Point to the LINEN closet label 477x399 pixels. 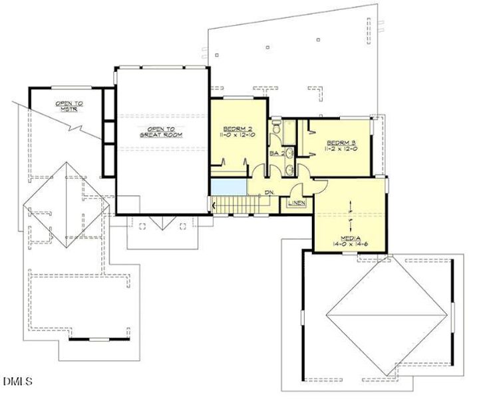click(x=297, y=202)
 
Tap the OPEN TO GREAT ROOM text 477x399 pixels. click(x=160, y=131)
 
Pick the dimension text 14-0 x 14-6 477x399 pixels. click(x=351, y=245)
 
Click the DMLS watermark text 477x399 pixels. click(x=18, y=381)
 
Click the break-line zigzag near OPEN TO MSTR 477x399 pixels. click(x=78, y=126)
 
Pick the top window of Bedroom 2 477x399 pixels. click(x=238, y=98)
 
